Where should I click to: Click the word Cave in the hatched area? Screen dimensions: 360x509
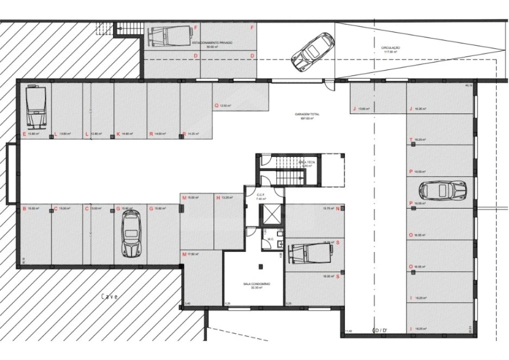pos(110,296)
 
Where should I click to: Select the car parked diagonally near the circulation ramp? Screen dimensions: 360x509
pos(312,51)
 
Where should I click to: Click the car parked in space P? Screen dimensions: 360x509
pos(442,190)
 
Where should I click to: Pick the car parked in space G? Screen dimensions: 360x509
pos(131,233)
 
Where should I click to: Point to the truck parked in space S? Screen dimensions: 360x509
pos(310,252)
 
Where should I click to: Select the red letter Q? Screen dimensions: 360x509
pos(216,105)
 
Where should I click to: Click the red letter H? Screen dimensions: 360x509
pos(218,197)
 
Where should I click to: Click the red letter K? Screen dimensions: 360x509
pos(118,134)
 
